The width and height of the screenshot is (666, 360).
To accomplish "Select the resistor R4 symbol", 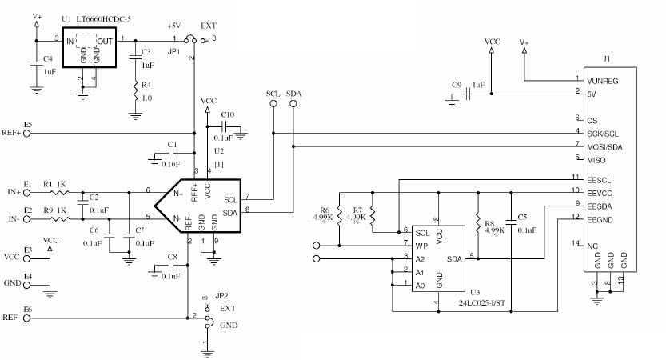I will pos(135,94).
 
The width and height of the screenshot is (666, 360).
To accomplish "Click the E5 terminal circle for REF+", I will pos(26,133).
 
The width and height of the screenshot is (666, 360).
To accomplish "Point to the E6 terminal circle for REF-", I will pos(26,318).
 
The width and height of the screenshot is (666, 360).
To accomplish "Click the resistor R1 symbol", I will pos(59,192).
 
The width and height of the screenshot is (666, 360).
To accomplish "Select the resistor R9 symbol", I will pos(59,217).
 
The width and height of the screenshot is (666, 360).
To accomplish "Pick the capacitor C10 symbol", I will pos(226,129).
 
